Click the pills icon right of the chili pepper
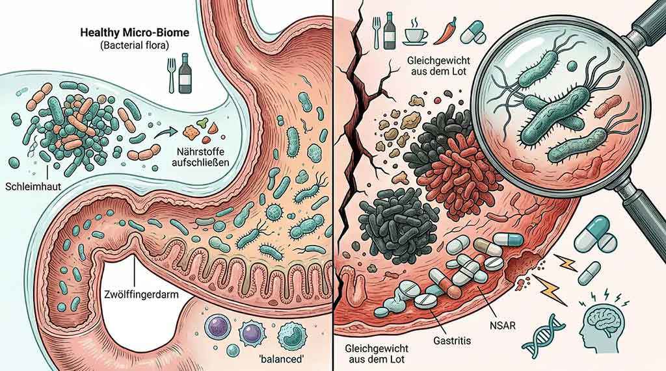coord(476,32)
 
